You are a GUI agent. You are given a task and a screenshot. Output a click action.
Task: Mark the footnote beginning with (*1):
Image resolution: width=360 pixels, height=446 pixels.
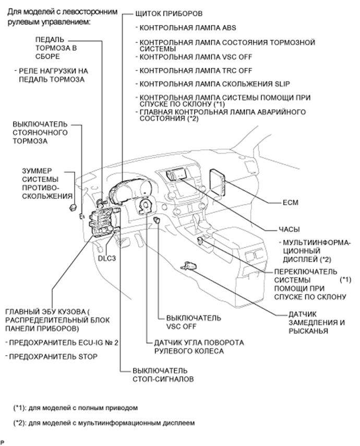point(76,407)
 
